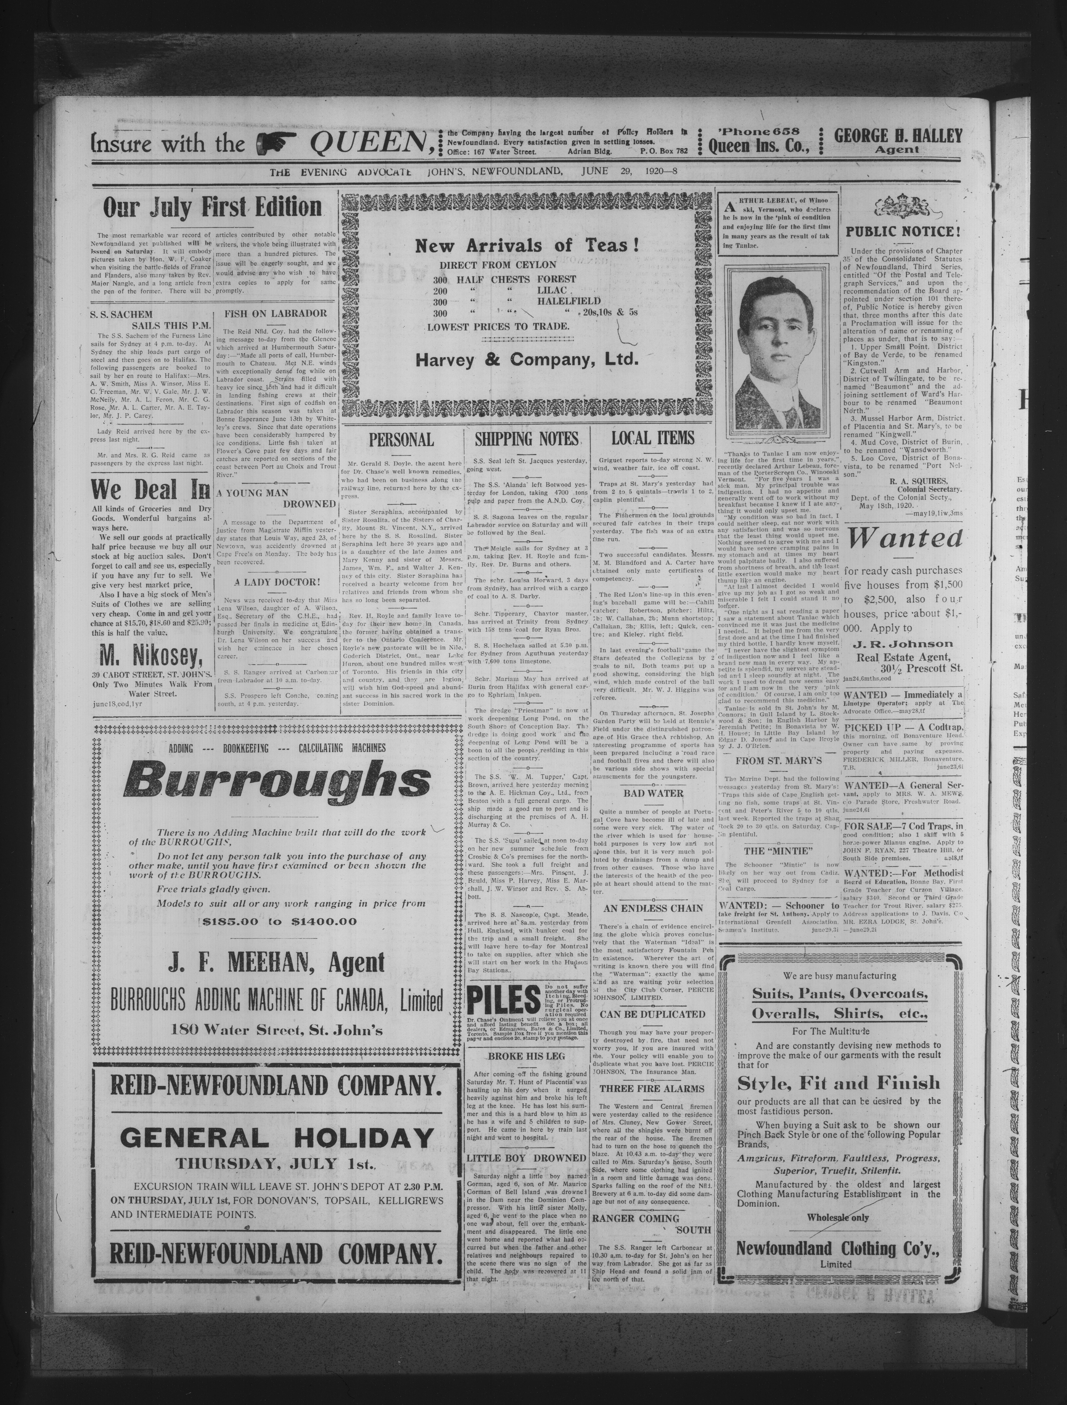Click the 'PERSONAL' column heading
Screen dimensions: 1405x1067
[401, 440]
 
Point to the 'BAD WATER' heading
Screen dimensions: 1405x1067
[653, 793]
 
